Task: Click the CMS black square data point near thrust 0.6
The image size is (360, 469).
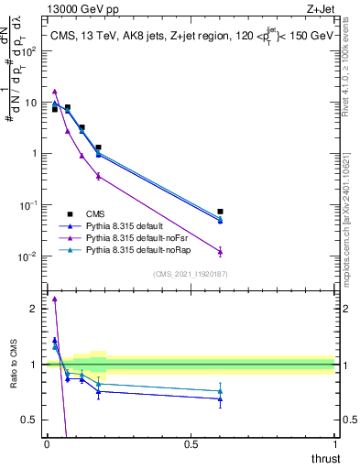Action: coord(220,212)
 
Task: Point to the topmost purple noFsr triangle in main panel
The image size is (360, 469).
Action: coord(55,92)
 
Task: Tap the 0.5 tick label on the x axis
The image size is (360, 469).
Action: coord(191,444)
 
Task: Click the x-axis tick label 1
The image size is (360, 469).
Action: coord(334,444)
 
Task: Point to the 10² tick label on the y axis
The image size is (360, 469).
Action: coord(33,51)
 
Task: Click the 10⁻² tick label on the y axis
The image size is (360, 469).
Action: coord(33,256)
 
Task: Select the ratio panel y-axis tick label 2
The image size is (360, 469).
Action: coord(37,309)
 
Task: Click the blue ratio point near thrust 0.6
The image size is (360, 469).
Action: coord(220,398)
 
